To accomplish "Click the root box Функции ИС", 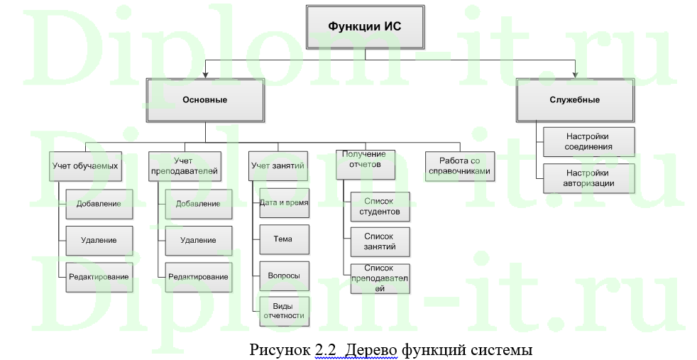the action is pyautogui.click(x=366, y=27).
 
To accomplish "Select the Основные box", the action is pyautogui.click(x=205, y=100).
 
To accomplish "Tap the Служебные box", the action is pyautogui.click(x=575, y=100).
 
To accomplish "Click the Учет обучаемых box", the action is pyautogui.click(x=85, y=166).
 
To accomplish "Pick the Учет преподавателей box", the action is pyautogui.click(x=185, y=166).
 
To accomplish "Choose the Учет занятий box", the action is pyautogui.click(x=278, y=165).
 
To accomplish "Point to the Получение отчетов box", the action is pyautogui.click(x=366, y=165).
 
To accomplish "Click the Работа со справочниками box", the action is pyautogui.click(x=460, y=166).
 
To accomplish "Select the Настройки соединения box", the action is pyautogui.click(x=589, y=142).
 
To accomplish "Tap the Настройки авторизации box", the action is pyautogui.click(x=589, y=178).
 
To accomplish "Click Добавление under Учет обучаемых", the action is pyautogui.click(x=99, y=204).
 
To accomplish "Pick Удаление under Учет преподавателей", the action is pyautogui.click(x=199, y=241).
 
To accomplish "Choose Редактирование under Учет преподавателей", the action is pyautogui.click(x=199, y=277).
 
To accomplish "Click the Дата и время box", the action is pyautogui.click(x=284, y=202).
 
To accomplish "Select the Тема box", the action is pyautogui.click(x=284, y=239).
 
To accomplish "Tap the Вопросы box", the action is pyautogui.click(x=284, y=276).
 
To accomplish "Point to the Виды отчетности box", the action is pyautogui.click(x=284, y=311).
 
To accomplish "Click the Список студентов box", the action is pyautogui.click(x=380, y=207).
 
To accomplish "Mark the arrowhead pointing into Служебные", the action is pyautogui.click(x=575, y=75).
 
